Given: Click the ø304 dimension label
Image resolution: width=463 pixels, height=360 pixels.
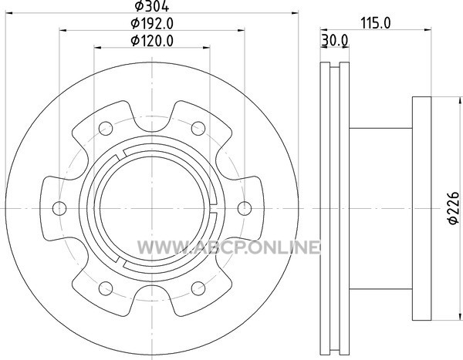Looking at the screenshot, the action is (152, 6).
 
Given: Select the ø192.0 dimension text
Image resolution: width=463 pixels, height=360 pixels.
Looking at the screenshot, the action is (152, 24).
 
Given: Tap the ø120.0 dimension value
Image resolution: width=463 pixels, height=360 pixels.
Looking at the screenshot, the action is (152, 41).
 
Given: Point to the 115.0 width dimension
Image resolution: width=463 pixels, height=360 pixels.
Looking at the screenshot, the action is (376, 23).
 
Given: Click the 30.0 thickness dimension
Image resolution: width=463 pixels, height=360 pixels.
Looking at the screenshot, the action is (335, 40).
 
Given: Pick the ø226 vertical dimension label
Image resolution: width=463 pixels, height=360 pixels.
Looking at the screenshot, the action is (455, 208).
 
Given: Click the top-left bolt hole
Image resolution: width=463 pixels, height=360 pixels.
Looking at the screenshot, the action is (106, 129).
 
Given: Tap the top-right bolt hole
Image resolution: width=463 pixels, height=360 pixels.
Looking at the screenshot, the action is (198, 129).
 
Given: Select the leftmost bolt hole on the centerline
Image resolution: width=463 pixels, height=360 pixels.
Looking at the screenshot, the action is (59, 208).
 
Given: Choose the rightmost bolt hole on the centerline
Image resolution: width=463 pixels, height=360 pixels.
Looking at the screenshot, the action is (245, 208).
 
